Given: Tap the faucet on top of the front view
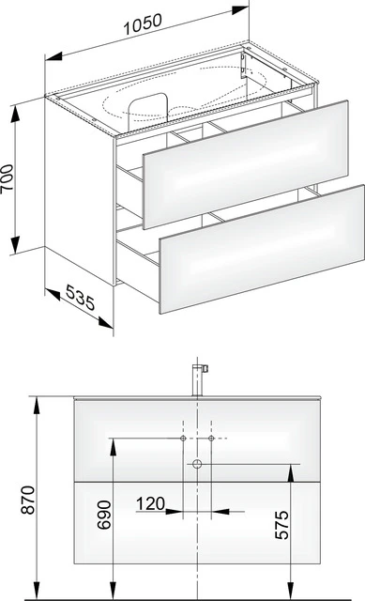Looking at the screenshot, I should [198, 378].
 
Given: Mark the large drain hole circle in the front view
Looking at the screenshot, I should [198, 464].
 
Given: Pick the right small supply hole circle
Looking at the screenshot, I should [212, 439].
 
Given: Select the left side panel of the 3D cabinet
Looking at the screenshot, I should [80, 188].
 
